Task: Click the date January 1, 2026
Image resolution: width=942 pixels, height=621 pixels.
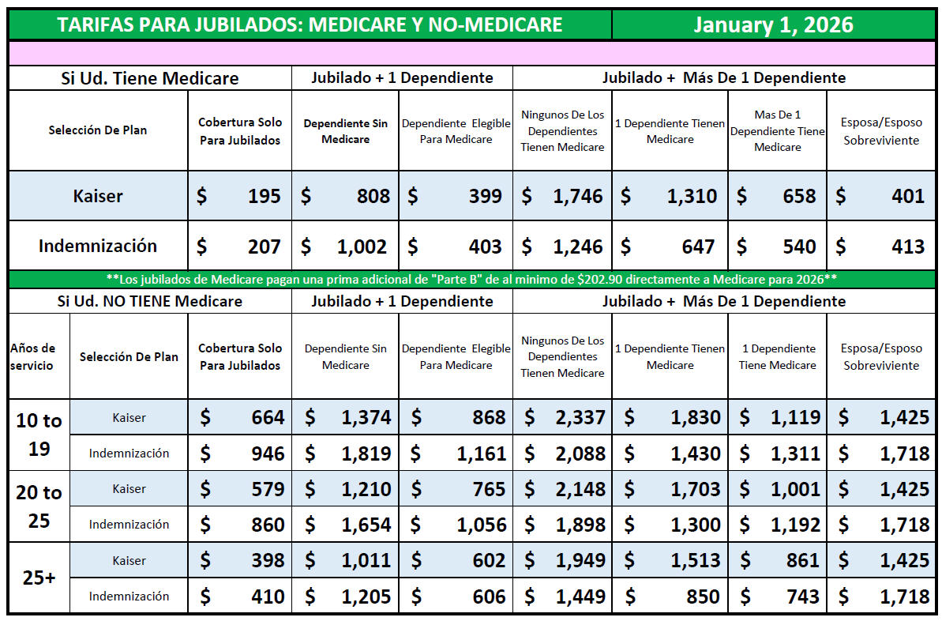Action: tap(773, 24)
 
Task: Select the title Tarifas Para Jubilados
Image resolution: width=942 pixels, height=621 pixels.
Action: tap(310, 24)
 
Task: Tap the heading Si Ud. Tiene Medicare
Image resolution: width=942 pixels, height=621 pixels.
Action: tap(150, 78)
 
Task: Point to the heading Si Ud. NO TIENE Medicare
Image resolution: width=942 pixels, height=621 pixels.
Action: tap(150, 301)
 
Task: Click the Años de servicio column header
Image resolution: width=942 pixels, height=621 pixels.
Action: tap(33, 356)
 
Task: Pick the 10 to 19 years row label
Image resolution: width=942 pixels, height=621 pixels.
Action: tap(39, 435)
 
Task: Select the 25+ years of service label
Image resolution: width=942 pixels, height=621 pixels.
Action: tap(39, 578)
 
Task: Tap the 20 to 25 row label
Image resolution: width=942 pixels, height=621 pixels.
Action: tap(39, 506)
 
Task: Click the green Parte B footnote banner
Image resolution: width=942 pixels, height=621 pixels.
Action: tap(471, 279)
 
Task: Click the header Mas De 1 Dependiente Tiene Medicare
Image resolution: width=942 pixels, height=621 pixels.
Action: tap(777, 131)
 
